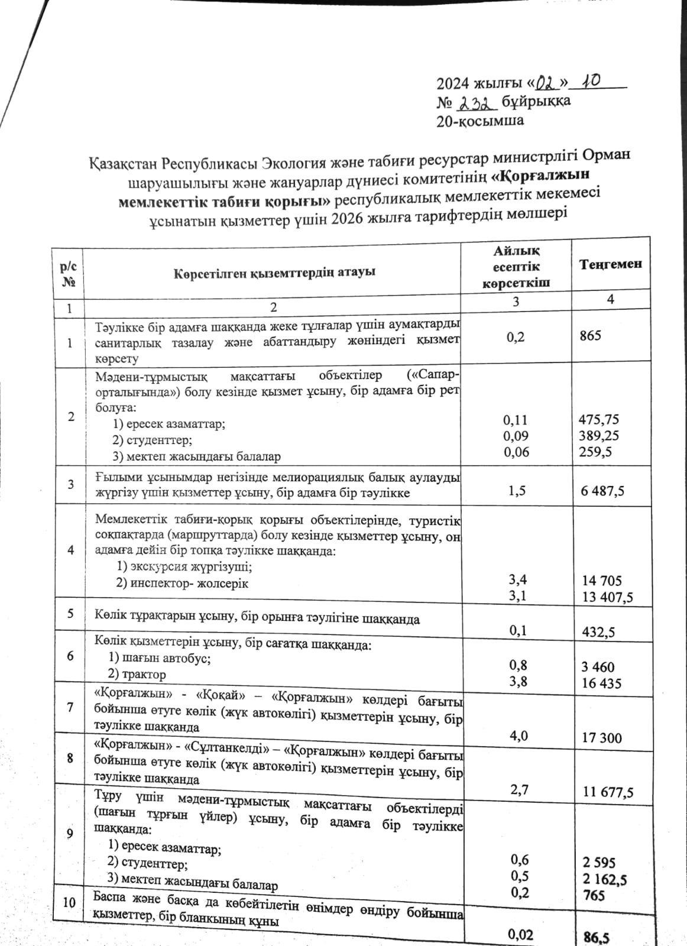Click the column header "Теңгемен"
(x=610, y=264)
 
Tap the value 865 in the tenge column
(x=591, y=336)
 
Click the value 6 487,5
(x=602, y=491)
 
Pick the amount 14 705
(x=602, y=581)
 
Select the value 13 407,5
(x=607, y=597)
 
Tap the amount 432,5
(x=598, y=632)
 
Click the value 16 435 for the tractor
(x=601, y=683)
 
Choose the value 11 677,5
(x=608, y=792)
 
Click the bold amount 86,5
(x=597, y=937)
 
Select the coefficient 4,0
(x=519, y=736)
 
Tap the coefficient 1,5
(x=517, y=491)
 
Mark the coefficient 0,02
(x=520, y=935)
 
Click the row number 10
(x=69, y=902)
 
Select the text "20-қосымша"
(x=480, y=121)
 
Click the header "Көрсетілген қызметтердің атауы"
(x=274, y=273)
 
